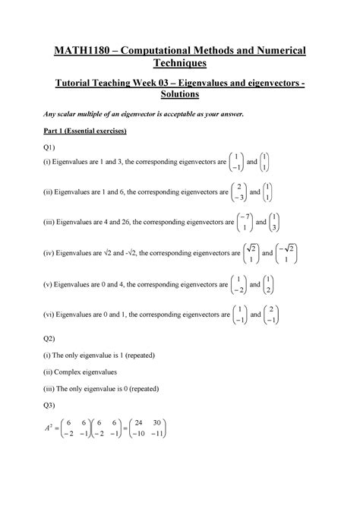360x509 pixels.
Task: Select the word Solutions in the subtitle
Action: point(180,96)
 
